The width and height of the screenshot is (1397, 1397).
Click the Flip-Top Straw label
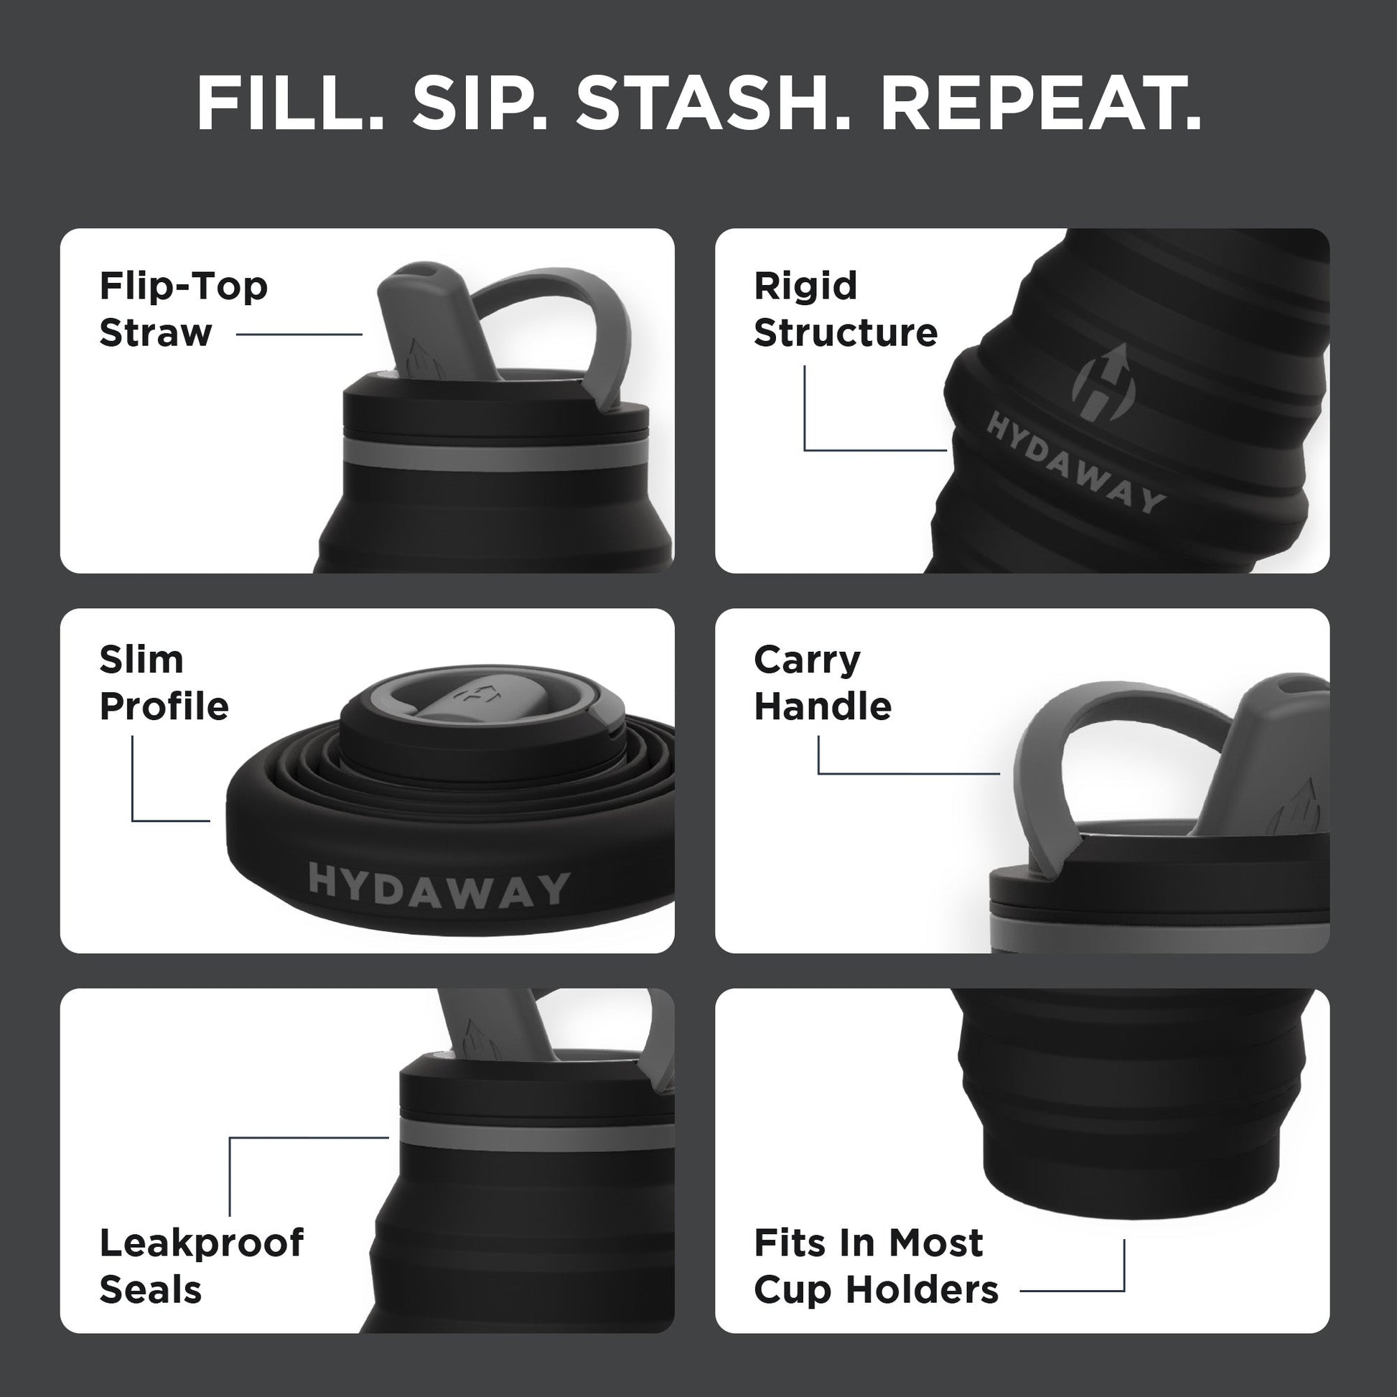point(183,309)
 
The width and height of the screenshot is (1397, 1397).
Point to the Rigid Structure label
point(844,309)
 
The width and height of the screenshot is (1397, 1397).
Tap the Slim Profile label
point(164,683)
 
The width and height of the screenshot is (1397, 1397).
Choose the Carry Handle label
point(822,683)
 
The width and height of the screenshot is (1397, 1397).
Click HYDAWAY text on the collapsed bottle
point(439,885)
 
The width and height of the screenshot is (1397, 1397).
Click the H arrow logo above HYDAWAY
point(1099,378)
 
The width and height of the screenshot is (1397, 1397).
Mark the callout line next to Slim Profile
point(132,788)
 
